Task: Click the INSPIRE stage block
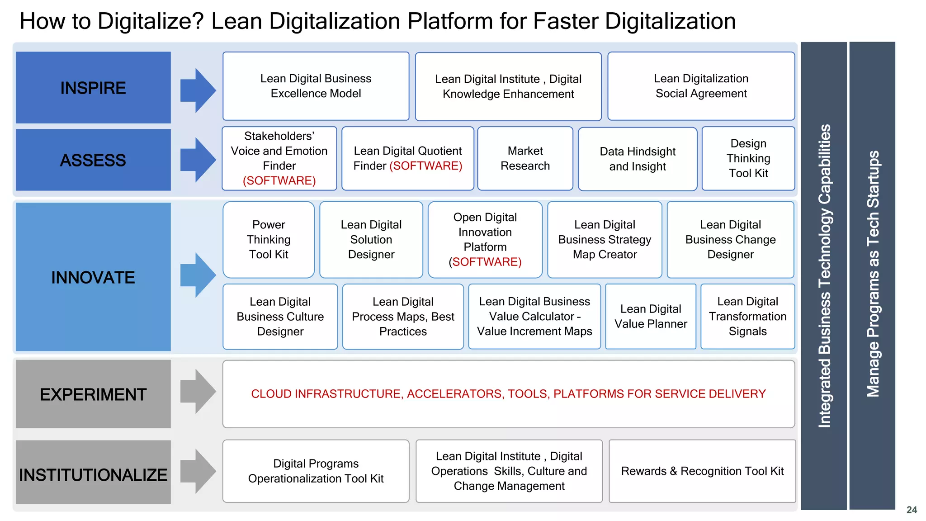pyautogui.click(x=93, y=87)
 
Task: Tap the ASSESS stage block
pyautogui.click(x=93, y=160)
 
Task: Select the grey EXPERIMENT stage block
pyautogui.click(x=93, y=394)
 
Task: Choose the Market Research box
pyautogui.click(x=525, y=158)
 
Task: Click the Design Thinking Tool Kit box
pyautogui.click(x=748, y=158)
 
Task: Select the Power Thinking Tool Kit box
pyautogui.click(x=269, y=239)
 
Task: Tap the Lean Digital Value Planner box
pyautogui.click(x=651, y=316)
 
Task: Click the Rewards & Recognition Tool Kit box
pyautogui.click(x=702, y=471)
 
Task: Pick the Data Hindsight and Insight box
pyautogui.click(x=638, y=159)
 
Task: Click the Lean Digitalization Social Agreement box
pyautogui.click(x=701, y=86)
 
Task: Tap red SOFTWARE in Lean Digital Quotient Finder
pyautogui.click(x=426, y=166)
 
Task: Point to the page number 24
pyautogui.click(x=912, y=510)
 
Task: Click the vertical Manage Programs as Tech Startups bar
pyautogui.click(x=872, y=275)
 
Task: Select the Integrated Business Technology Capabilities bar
pyautogui.click(x=824, y=275)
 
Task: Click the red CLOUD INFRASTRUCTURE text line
pyautogui.click(x=508, y=393)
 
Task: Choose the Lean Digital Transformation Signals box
pyautogui.click(x=747, y=316)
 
